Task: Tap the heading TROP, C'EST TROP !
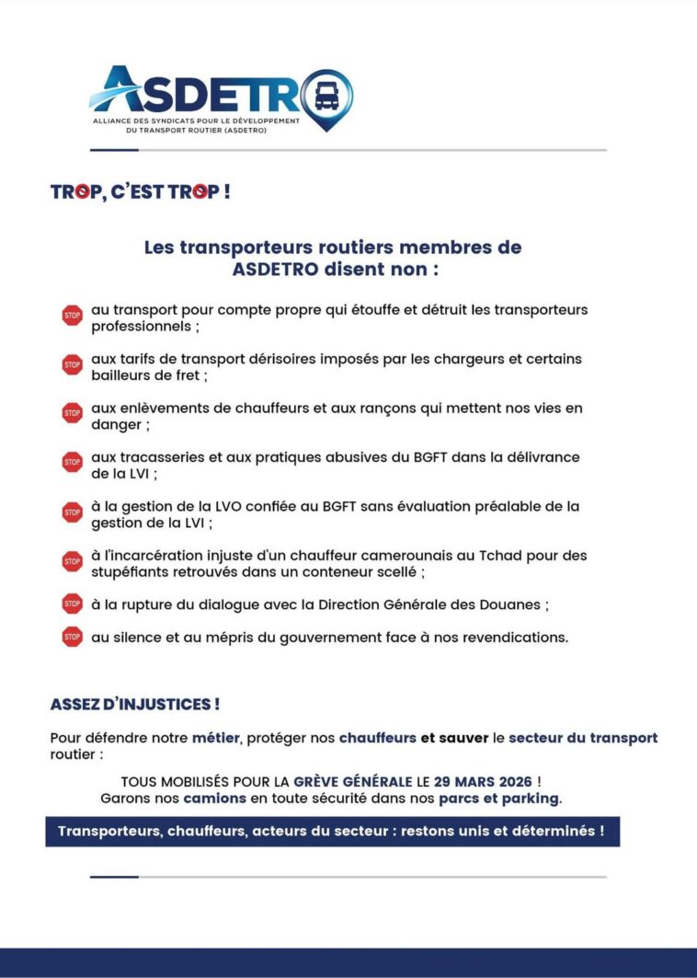coord(140,192)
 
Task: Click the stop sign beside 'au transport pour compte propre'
coord(72,316)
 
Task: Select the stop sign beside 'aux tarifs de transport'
coord(72,364)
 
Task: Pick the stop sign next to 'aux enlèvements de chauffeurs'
coord(72,413)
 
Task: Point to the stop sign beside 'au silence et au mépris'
coord(72,636)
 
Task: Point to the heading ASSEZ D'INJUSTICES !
coord(135,705)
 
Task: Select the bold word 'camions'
coord(213,798)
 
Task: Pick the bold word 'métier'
coord(215,738)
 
